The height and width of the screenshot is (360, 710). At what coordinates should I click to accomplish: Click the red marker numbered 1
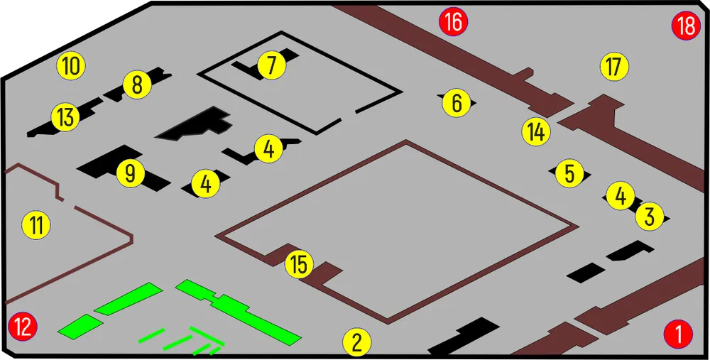pos(678,334)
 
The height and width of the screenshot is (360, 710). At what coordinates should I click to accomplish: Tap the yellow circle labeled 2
pos(357,342)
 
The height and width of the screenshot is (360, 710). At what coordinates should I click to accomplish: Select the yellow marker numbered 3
pos(650,217)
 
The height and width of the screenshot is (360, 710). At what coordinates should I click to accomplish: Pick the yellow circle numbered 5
pos(569,173)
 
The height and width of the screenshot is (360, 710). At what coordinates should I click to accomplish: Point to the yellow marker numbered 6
pos(457,103)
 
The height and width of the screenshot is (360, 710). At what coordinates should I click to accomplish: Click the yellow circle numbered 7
pos(272,65)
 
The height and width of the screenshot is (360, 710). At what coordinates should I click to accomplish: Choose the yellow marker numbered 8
pos(137,84)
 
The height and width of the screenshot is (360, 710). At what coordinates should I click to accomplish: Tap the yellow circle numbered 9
pos(131,173)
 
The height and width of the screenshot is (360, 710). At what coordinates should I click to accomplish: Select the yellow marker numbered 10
pos(71,65)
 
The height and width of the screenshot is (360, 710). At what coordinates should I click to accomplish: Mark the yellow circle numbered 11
pos(37,225)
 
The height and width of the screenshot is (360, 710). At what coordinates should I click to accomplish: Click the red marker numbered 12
pos(23,326)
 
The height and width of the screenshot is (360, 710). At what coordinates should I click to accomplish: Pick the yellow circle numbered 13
pos(65,117)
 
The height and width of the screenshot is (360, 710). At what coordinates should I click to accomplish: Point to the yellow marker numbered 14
pos(536,132)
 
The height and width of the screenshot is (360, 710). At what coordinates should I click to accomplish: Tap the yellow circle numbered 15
pos(300,264)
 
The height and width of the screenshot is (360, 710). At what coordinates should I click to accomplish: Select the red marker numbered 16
pos(453,21)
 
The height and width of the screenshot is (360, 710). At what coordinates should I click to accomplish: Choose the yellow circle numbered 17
pos(614,67)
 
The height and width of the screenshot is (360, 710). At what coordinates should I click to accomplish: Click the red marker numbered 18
pos(687,26)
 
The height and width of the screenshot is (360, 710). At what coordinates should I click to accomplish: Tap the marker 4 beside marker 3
pos(621,196)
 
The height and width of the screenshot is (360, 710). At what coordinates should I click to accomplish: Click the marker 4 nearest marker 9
pos(206,184)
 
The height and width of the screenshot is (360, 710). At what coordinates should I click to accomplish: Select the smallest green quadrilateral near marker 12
pos(80,326)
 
